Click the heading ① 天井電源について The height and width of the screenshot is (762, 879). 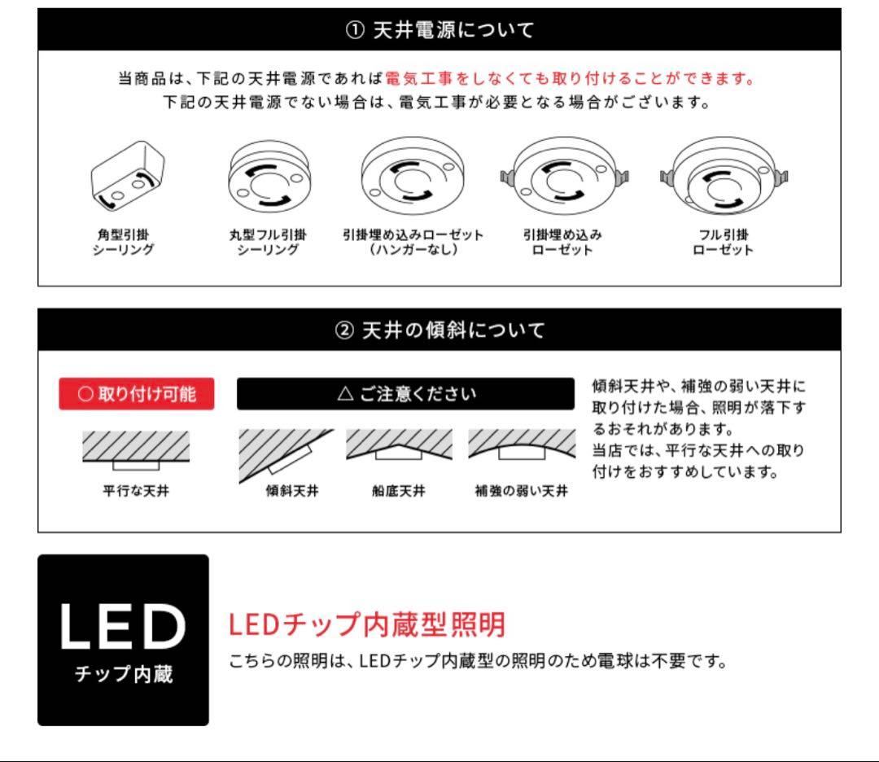click(x=439, y=31)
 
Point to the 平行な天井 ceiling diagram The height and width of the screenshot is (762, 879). click(x=136, y=450)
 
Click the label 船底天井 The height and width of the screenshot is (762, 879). click(x=399, y=491)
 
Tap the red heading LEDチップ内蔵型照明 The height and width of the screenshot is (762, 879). click(x=367, y=624)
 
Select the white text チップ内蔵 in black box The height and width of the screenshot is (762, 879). click(x=123, y=675)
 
